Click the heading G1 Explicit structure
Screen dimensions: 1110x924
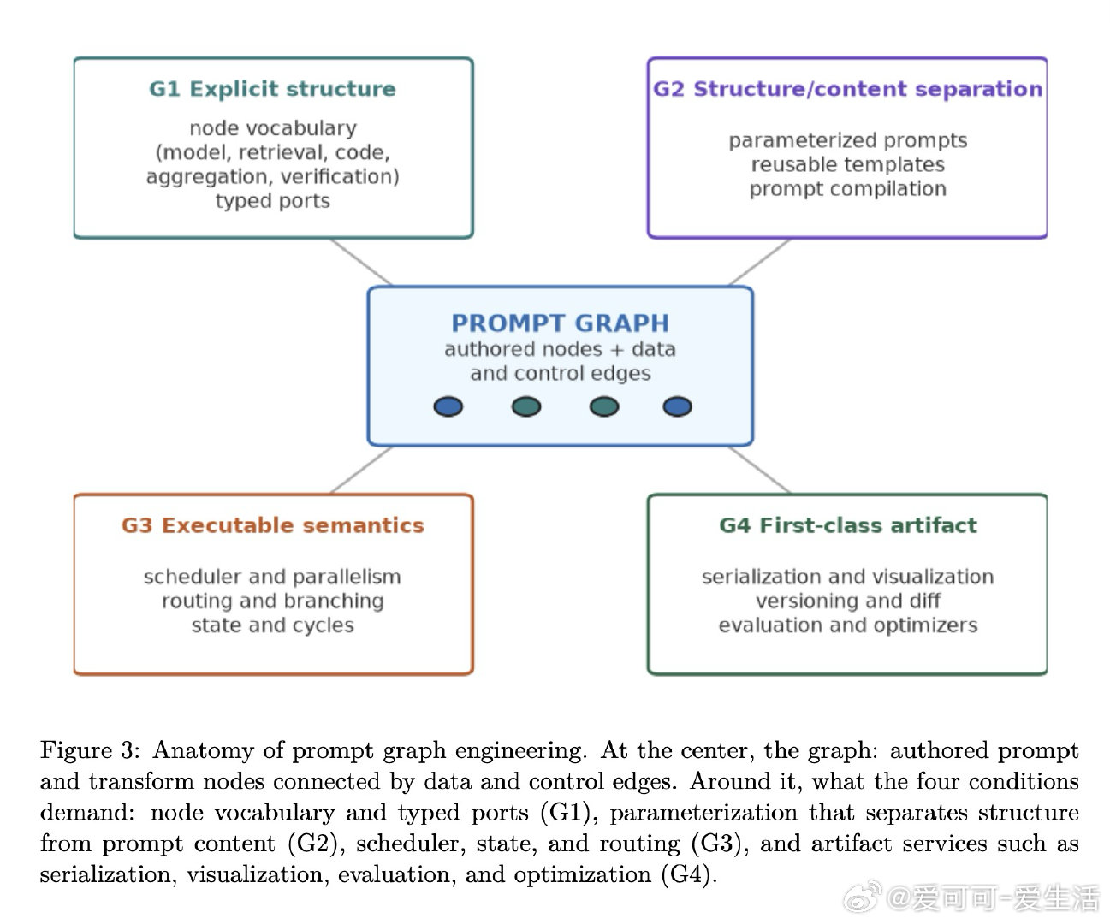[272, 89]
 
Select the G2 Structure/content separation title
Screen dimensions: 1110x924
[847, 89]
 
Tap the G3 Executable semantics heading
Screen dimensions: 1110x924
[273, 525]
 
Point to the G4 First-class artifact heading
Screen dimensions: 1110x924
[848, 525]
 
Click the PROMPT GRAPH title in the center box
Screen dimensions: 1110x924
[561, 323]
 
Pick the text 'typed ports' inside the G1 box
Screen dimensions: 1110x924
[273, 201]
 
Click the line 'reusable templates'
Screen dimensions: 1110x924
[848, 165]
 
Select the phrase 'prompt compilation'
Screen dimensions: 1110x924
[848, 189]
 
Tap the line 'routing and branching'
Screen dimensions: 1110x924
[273, 601]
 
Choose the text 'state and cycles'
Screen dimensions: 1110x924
[273, 625]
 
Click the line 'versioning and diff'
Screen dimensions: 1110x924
[848, 601]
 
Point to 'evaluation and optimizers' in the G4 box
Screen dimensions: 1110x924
[848, 625]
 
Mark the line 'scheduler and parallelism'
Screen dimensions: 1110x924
[272, 577]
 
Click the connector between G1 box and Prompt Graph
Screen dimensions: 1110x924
[361, 262]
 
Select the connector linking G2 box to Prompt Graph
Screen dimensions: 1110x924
[759, 262]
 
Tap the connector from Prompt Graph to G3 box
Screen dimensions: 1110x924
[361, 470]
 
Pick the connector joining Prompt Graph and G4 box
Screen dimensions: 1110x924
[759, 470]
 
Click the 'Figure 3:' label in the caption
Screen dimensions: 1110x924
[90, 751]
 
